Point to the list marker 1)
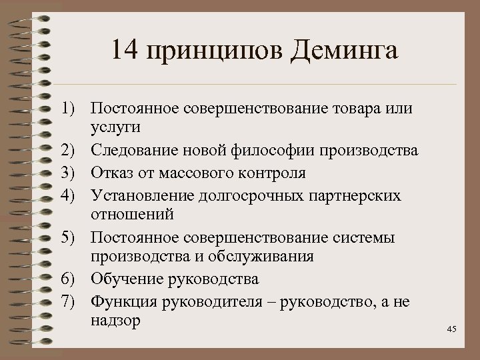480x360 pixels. coord(73,107)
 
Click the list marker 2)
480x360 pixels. coord(73,151)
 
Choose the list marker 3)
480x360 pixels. coord(73,173)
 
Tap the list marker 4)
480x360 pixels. coord(73,194)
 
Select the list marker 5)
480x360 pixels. coord(73,237)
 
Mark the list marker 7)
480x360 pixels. coord(73,301)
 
